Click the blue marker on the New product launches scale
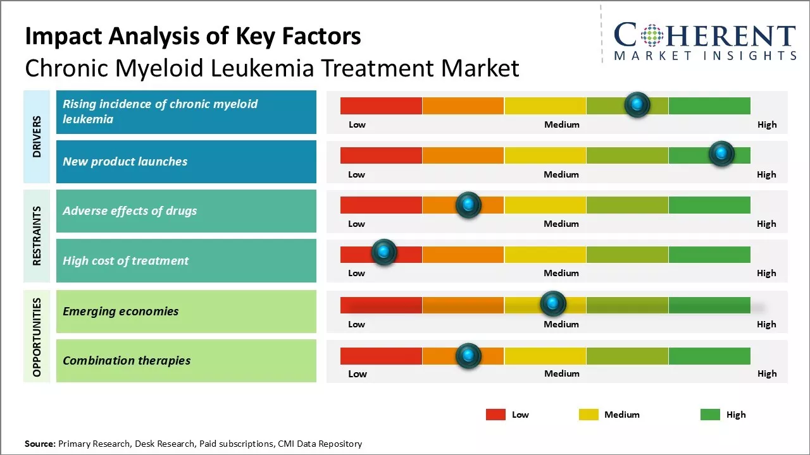[x=721, y=154]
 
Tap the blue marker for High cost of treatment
[x=383, y=252]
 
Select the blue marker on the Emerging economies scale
[x=553, y=304]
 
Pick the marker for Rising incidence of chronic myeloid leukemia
[x=637, y=104]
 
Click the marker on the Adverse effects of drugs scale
[x=468, y=205]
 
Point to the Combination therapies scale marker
[x=468, y=356]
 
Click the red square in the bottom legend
[x=495, y=415]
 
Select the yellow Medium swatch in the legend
[x=589, y=415]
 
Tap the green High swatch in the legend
[x=710, y=415]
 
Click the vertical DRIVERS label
[x=37, y=136]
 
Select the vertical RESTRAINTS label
[x=37, y=236]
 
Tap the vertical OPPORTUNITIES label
[x=37, y=337]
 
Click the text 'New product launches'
[x=125, y=162]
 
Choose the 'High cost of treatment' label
[x=126, y=261]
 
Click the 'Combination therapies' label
[x=127, y=361]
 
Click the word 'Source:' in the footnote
[x=40, y=444]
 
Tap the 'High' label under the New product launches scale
[x=766, y=174]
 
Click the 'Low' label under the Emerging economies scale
[x=356, y=324]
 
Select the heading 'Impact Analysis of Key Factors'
[x=193, y=36]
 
